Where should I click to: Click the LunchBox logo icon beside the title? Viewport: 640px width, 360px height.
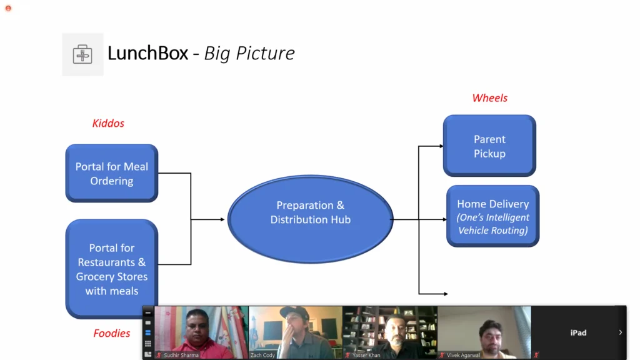pyautogui.click(x=82, y=54)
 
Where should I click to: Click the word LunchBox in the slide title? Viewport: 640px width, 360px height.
pyautogui.click(x=147, y=53)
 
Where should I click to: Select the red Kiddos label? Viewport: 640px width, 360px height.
pyautogui.click(x=108, y=123)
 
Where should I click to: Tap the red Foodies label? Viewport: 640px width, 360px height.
pyautogui.click(x=112, y=333)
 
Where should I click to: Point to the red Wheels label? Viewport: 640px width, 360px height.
pyautogui.click(x=489, y=98)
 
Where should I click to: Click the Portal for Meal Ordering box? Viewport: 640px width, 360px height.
pyautogui.click(x=112, y=174)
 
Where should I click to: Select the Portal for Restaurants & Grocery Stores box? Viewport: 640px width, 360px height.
pyautogui.click(x=112, y=269)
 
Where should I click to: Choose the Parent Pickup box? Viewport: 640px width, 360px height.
pyautogui.click(x=489, y=146)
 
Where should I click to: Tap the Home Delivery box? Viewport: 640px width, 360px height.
pyautogui.click(x=492, y=216)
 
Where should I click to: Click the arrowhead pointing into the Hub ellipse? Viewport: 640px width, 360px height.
pyautogui.click(x=221, y=219)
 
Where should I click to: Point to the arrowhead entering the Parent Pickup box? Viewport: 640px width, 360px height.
pyautogui.click(x=441, y=146)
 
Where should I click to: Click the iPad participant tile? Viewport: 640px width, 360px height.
pyautogui.click(x=578, y=332)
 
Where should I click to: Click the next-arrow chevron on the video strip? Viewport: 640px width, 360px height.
pyautogui.click(x=620, y=332)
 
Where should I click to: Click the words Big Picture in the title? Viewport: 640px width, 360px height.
pyautogui.click(x=249, y=53)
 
